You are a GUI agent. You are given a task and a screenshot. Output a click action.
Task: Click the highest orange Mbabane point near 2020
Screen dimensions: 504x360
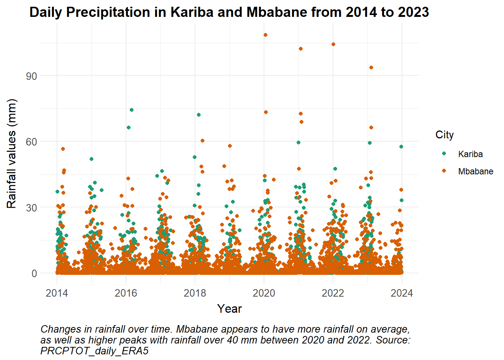click(265, 35)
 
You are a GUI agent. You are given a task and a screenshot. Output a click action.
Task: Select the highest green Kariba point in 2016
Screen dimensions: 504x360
click(132, 110)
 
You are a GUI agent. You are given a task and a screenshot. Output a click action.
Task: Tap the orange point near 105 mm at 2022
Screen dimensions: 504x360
click(333, 44)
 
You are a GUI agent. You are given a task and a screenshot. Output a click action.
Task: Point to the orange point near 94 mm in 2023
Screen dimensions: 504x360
click(371, 67)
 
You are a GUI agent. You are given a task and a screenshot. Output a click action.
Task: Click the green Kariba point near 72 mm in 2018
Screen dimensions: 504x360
click(199, 115)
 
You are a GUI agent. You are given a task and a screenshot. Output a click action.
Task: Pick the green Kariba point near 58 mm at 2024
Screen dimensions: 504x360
click(401, 147)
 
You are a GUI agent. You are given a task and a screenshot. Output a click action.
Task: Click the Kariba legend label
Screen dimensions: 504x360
click(471, 154)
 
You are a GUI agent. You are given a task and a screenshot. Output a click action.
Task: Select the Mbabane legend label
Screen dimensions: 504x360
click(475, 171)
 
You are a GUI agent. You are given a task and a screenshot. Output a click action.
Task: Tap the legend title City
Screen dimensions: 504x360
click(444, 135)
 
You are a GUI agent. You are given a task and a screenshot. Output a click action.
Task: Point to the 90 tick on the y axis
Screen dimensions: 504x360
click(31, 76)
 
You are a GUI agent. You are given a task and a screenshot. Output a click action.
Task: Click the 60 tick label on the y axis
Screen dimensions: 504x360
click(31, 142)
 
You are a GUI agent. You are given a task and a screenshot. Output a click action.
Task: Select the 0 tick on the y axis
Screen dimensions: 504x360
click(34, 274)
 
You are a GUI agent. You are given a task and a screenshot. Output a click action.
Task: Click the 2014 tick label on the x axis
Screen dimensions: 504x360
click(57, 293)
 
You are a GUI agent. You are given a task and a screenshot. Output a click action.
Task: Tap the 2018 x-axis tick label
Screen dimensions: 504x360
click(195, 293)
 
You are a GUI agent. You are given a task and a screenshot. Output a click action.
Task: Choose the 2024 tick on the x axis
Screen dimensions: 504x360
click(402, 293)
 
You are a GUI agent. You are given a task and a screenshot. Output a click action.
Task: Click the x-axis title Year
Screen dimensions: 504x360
click(229, 309)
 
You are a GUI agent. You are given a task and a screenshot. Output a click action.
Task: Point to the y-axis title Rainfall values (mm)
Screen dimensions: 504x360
click(11, 154)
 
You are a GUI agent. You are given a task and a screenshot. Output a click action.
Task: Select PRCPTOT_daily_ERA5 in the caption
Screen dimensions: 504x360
click(94, 351)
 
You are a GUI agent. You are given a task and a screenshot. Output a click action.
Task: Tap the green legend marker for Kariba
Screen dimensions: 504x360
click(444, 153)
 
